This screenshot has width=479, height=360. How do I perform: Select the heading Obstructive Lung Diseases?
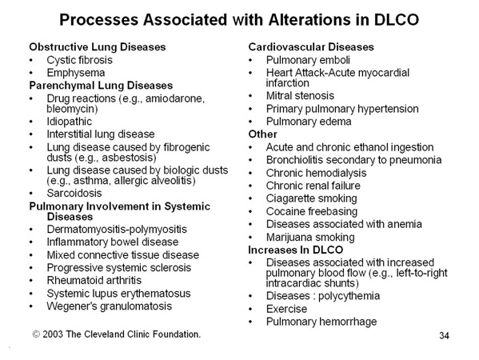point(98,47)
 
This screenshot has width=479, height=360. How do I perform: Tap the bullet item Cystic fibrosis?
point(79,60)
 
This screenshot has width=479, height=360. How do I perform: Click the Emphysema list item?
point(76,73)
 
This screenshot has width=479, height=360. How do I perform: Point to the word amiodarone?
point(175,98)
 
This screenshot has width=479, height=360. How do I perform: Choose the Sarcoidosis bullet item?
point(74,193)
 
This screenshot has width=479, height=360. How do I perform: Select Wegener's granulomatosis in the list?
point(110,306)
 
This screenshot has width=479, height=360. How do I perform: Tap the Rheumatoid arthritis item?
point(94,281)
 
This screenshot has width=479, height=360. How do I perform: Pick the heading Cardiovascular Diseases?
point(311,47)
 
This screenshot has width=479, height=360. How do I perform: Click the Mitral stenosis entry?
point(300,96)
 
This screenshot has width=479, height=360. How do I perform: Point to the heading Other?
point(263,134)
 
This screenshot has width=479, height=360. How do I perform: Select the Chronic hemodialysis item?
point(316,173)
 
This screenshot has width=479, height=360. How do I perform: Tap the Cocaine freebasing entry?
point(312,211)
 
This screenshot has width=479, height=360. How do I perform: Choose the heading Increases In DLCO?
point(295,250)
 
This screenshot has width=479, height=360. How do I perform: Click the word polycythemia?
point(349,296)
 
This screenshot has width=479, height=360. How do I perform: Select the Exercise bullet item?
point(286,309)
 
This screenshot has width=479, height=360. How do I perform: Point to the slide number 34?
point(444,335)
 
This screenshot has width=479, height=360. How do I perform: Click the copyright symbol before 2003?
point(36,334)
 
